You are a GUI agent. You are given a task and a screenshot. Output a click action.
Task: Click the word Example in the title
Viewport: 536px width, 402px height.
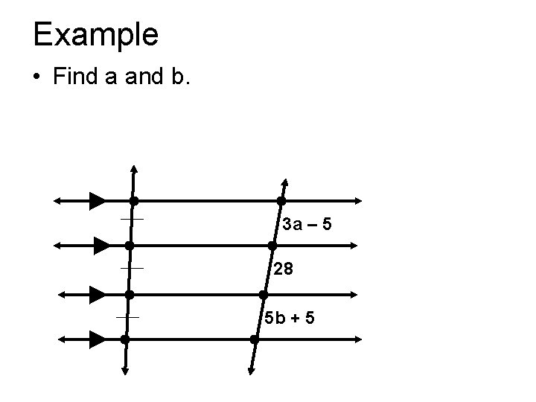(x=95, y=34)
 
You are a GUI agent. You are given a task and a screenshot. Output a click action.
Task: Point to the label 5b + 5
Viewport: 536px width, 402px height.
(x=290, y=318)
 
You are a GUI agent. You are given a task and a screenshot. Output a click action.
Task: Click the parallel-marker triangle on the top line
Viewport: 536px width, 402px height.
(x=97, y=200)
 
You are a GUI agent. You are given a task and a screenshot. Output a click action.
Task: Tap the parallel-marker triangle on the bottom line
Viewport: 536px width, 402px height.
(x=97, y=339)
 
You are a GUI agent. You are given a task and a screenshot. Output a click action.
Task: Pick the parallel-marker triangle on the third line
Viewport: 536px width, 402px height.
(x=97, y=295)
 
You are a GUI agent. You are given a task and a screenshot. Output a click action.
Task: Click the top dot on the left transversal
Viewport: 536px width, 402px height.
(x=133, y=201)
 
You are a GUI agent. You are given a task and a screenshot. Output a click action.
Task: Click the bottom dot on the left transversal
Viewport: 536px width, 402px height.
(x=125, y=339)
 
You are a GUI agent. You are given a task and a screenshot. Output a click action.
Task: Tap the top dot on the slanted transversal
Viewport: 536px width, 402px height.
(x=281, y=201)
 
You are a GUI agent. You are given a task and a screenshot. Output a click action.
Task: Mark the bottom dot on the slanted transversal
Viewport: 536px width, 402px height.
(x=255, y=339)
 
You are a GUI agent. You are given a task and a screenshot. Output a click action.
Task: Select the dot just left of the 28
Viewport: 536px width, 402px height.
(x=272, y=245)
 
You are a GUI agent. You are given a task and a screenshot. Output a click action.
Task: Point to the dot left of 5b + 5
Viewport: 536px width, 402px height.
(x=264, y=295)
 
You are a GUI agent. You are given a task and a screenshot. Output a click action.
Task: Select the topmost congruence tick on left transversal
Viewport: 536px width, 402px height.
(x=132, y=220)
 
